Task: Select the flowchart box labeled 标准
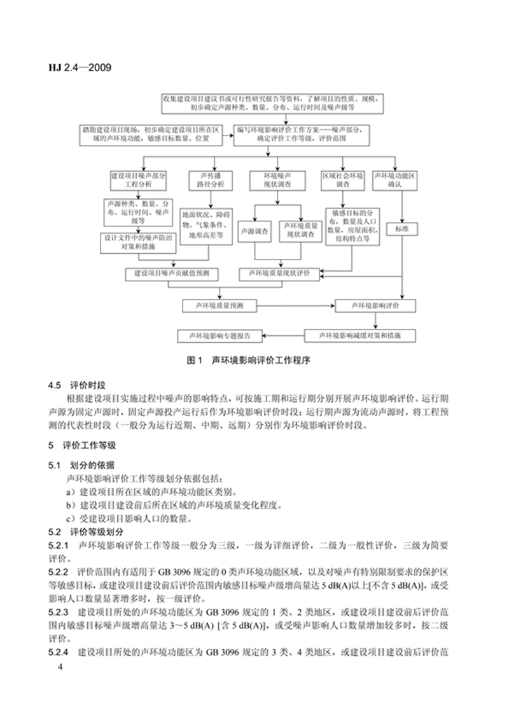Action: click(401, 227)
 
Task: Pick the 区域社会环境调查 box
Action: click(342, 179)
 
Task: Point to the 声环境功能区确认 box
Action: click(394, 179)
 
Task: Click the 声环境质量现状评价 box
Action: click(279, 273)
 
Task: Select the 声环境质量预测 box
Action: click(220, 306)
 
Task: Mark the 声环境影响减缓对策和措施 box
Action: click(359, 335)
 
